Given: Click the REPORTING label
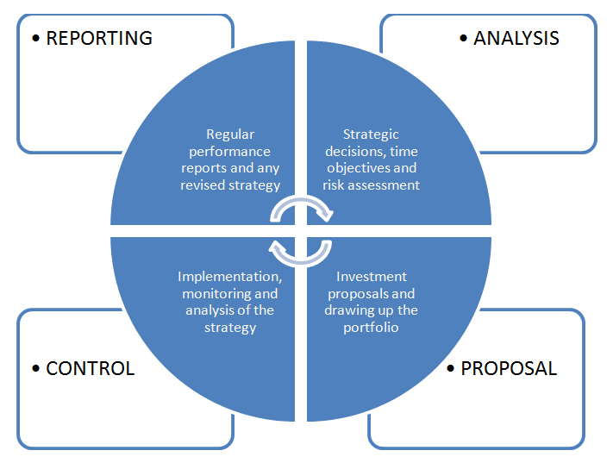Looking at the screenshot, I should pyautogui.click(x=99, y=38).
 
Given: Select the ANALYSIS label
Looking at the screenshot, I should pyautogui.click(x=516, y=38).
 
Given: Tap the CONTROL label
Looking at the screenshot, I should pyautogui.click(x=91, y=368).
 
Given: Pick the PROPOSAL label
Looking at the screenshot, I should pyautogui.click(x=509, y=368).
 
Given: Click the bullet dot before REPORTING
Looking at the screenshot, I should pyautogui.click(x=35, y=39).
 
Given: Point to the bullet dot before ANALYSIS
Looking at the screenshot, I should pyautogui.click(x=463, y=39).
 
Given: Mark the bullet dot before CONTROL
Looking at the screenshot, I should pyautogui.click(x=35, y=369).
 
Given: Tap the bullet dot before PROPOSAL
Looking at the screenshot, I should pyautogui.click(x=451, y=369).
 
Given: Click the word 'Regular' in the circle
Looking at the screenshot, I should pyautogui.click(x=229, y=134).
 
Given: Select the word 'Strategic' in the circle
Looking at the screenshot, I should pyautogui.click(x=371, y=134).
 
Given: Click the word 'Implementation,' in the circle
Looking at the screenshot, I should pyautogui.click(x=229, y=277).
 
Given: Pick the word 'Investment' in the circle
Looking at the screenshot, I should pyautogui.click(x=372, y=277).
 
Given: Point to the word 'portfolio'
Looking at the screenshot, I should pyautogui.click(x=371, y=327).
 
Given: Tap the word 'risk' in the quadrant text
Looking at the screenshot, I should pyautogui.click(x=338, y=185).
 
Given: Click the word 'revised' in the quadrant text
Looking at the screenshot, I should pyautogui.click(x=222, y=185).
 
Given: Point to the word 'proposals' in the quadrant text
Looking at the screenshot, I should pyautogui.click(x=358, y=293).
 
